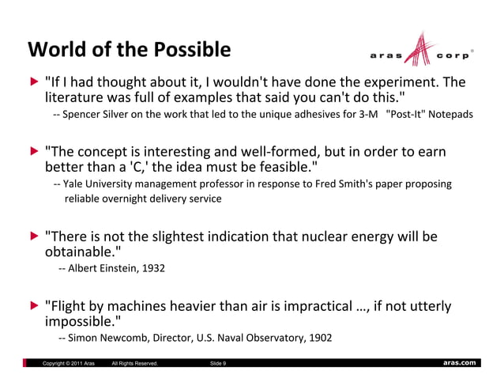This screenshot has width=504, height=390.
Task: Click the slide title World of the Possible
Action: (130, 49)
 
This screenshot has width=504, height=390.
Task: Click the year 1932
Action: (153, 269)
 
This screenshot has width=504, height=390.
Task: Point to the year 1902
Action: (319, 338)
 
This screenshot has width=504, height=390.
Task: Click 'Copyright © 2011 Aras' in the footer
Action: (70, 363)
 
